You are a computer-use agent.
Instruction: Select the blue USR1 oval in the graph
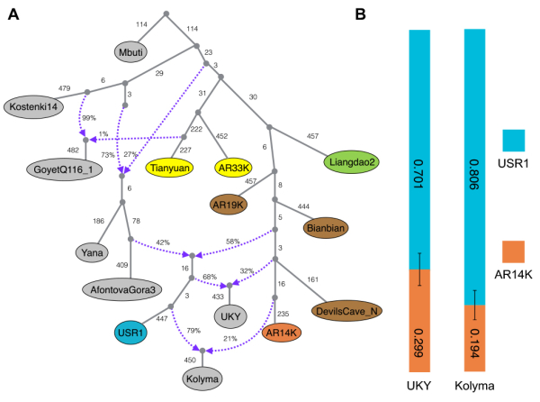point(139,332)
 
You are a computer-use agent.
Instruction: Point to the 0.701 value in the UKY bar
point(419,150)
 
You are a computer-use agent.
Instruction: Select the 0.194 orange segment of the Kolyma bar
point(475,337)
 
